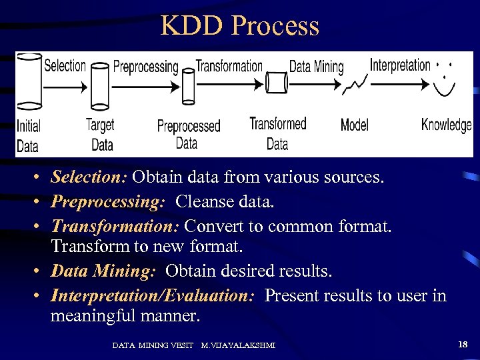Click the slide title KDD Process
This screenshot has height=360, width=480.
click(x=240, y=26)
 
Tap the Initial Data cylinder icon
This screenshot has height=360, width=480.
click(x=29, y=81)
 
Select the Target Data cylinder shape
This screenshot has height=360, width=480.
click(x=100, y=87)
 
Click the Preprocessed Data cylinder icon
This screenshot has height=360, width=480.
click(x=188, y=86)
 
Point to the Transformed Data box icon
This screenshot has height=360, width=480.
click(x=277, y=83)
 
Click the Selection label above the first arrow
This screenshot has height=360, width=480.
click(x=65, y=65)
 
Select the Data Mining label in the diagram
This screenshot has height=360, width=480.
click(x=316, y=66)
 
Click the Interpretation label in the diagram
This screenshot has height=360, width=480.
click(x=400, y=65)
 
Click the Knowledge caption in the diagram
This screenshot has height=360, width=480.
click(x=446, y=125)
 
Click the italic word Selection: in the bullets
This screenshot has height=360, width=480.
click(x=89, y=177)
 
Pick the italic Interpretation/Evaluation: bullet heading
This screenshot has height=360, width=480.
click(x=153, y=296)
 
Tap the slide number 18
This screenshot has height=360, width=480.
click(x=463, y=344)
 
